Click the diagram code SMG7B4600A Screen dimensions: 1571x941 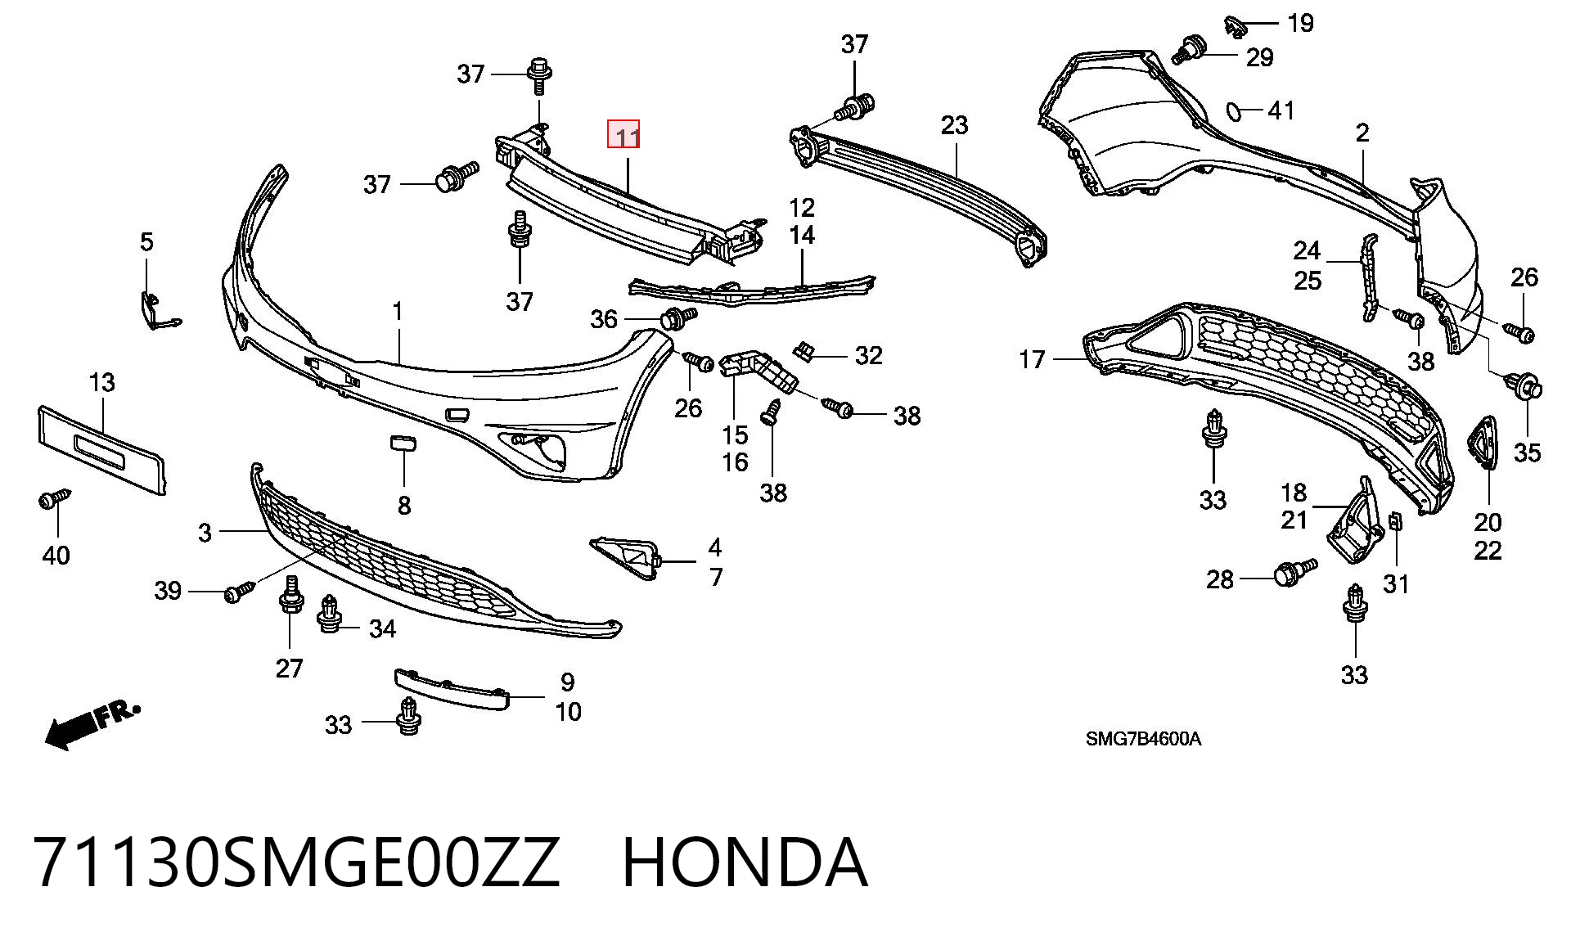coord(1143,739)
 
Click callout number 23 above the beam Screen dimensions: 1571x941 coord(954,125)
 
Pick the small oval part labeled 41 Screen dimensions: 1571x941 coord(1233,110)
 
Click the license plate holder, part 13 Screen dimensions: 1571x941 coord(101,450)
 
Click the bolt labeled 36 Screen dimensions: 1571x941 coord(677,317)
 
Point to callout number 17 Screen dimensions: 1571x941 coord(1033,359)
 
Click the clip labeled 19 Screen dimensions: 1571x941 coord(1233,26)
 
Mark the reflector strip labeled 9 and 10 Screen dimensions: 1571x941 coord(452,689)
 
